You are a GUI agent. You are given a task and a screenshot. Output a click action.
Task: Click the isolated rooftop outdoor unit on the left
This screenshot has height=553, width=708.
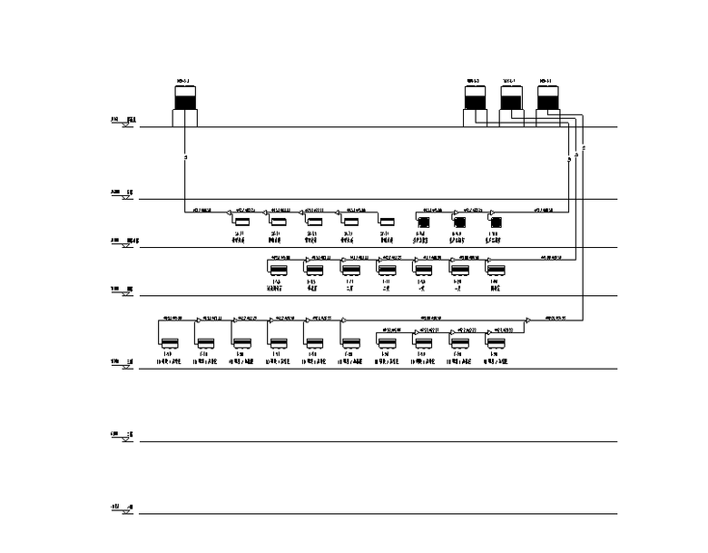click(x=185, y=104)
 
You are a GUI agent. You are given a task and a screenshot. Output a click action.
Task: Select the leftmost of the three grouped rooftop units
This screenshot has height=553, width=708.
click(x=476, y=104)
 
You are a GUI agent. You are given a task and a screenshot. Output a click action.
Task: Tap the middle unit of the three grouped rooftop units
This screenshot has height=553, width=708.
click(x=511, y=104)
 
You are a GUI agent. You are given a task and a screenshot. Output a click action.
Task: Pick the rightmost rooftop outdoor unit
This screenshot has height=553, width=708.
click(x=546, y=104)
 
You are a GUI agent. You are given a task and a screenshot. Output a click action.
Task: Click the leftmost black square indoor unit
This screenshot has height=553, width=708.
click(x=423, y=221)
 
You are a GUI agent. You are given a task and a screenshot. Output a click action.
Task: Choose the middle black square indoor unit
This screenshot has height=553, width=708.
click(x=459, y=221)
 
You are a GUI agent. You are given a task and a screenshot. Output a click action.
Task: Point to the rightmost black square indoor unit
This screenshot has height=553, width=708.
click(x=496, y=221)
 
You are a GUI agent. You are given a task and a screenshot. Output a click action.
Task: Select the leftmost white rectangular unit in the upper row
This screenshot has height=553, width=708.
click(x=241, y=222)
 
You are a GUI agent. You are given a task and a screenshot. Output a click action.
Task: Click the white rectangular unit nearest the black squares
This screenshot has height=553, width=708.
click(x=387, y=222)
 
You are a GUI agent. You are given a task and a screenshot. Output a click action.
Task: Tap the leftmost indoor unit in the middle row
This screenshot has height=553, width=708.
click(x=278, y=269)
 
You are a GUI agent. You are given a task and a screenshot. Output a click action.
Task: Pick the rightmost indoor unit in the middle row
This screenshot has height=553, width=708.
click(x=496, y=269)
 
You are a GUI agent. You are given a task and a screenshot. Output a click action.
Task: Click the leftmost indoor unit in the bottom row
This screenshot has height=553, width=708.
click(x=169, y=343)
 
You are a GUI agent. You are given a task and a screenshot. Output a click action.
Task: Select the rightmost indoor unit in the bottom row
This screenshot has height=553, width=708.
click(x=496, y=343)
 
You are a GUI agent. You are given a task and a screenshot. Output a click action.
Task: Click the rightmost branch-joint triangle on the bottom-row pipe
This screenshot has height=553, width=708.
click(x=527, y=320)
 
